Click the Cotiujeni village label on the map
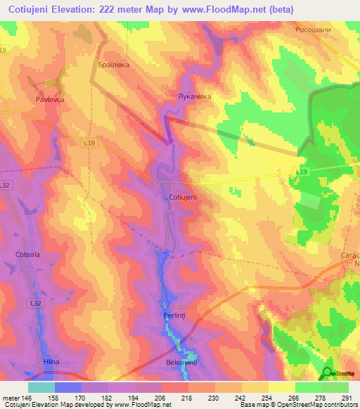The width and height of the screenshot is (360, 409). (183, 197)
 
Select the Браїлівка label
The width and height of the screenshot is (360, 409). (113, 63)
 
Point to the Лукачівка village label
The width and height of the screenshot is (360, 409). (195, 96)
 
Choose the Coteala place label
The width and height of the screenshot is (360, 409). (29, 254)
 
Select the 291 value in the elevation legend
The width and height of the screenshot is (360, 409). (347, 398)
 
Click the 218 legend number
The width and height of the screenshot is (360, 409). (188, 398)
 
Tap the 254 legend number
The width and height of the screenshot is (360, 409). (268, 398)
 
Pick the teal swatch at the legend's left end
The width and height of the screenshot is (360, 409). (41, 387)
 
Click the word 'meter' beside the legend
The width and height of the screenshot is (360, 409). (11, 398)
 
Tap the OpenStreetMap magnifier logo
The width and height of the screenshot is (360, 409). (328, 372)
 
